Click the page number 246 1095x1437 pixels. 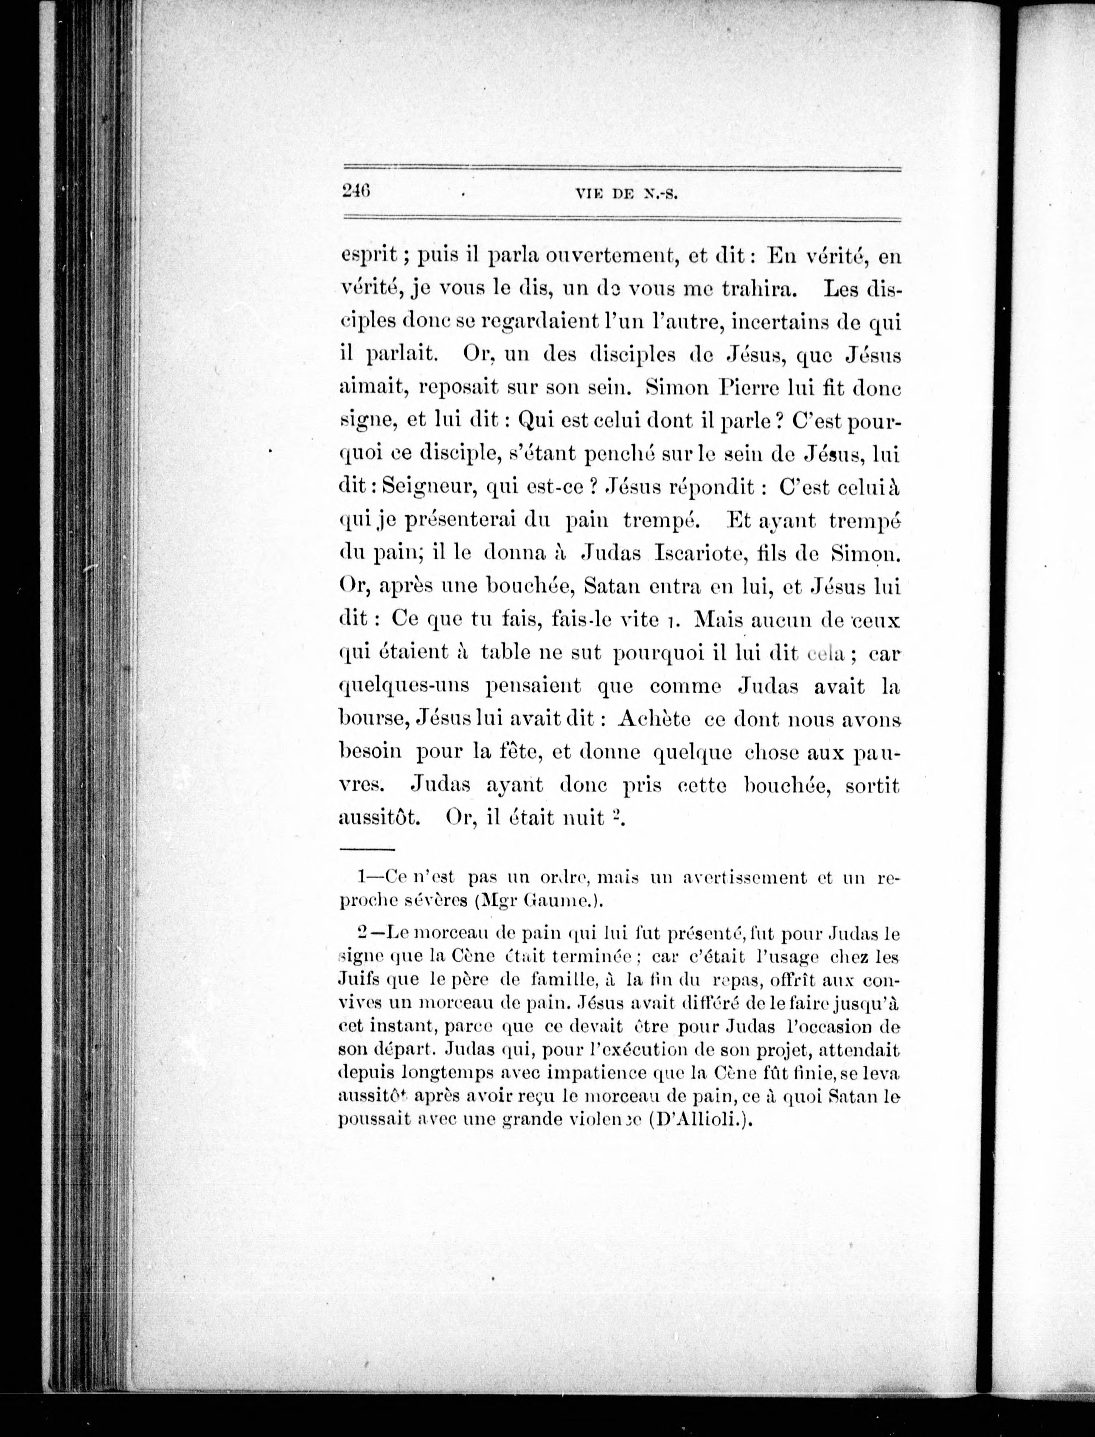356,190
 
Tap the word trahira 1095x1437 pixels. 756,288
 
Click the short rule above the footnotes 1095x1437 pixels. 367,850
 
